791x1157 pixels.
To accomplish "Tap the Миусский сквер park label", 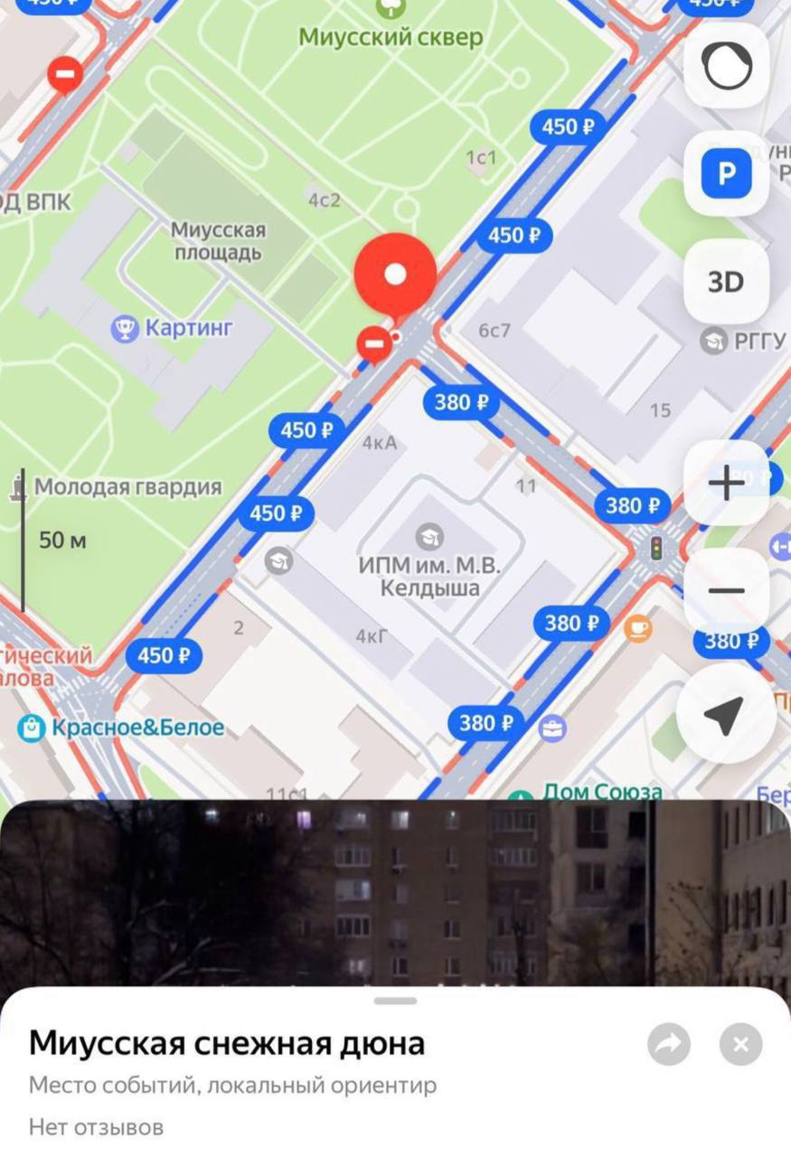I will [x=391, y=38].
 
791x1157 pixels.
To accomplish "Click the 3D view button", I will [x=726, y=282].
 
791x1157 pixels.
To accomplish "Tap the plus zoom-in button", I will [x=726, y=484].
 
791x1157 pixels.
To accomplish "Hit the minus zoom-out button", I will [x=726, y=591].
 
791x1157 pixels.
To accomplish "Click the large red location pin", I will [x=395, y=275].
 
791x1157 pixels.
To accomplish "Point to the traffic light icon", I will [x=656, y=547].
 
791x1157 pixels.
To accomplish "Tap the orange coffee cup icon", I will [x=638, y=626].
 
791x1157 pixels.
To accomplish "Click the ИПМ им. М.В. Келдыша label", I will [x=429, y=577].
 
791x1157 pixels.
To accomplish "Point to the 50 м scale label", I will [x=62, y=541].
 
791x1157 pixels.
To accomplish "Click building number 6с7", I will [x=494, y=331].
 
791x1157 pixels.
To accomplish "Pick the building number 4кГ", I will [x=372, y=636].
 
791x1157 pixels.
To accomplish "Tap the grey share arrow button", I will [x=669, y=1045].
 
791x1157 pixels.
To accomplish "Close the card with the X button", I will [x=740, y=1045].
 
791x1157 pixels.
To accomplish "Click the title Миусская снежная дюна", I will [x=227, y=1043].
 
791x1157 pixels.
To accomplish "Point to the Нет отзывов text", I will [x=96, y=1127].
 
